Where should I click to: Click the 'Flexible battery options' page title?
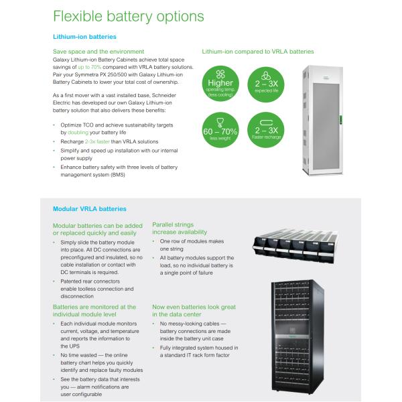coord(129,16)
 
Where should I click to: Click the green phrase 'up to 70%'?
coord(90,66)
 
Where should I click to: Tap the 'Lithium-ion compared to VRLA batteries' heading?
coord(257,52)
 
